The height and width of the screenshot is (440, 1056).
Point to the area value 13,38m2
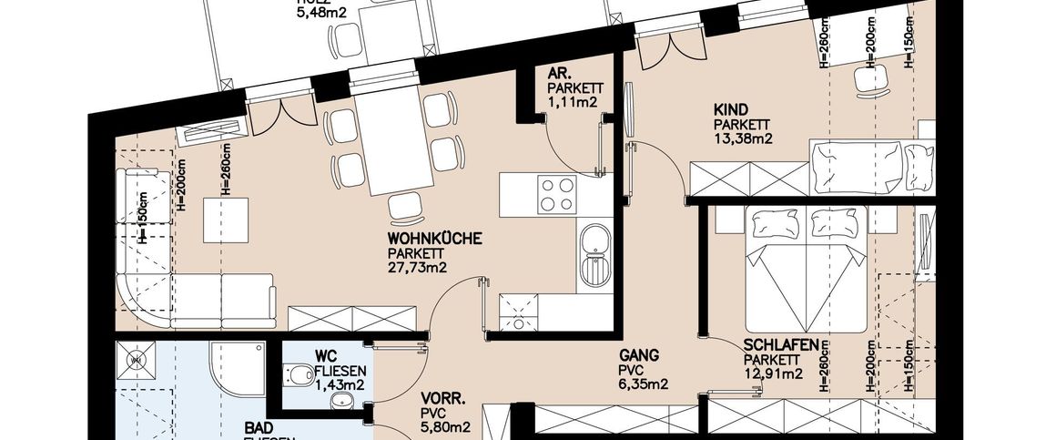[743, 138]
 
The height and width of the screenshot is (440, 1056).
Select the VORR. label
[442, 398]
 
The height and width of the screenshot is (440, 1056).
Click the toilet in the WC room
[298, 374]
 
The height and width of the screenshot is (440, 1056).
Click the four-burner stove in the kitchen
[557, 192]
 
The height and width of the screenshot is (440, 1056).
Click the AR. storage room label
[558, 73]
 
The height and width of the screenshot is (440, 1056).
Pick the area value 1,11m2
[572, 103]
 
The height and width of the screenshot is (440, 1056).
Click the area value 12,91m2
[773, 373]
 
